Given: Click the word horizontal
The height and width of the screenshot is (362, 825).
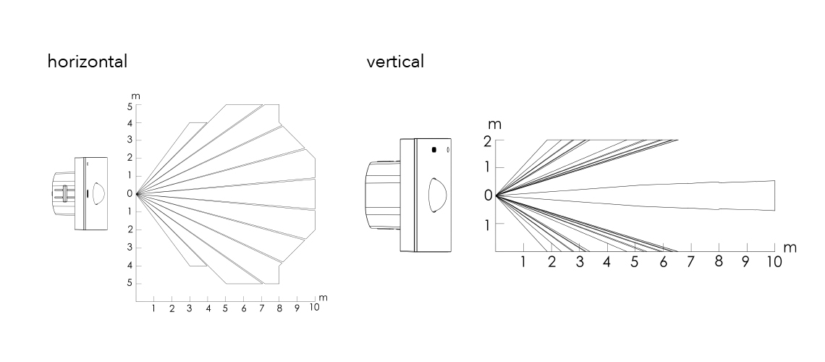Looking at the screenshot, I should pos(87,62).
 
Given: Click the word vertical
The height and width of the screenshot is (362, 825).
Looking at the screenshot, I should pos(395,62).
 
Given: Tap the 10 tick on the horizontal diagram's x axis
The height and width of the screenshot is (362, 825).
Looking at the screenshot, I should pos(314,308).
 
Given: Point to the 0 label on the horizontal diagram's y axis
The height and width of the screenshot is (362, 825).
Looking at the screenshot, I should pos(129,194).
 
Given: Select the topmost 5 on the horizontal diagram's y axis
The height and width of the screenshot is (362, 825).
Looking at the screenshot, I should pos(129,106).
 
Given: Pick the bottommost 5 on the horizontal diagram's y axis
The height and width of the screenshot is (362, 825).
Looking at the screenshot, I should pos(129,283).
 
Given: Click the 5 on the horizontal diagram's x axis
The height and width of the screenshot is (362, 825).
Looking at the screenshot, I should pos(225,309).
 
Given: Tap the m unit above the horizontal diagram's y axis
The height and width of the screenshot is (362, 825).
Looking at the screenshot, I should pos(135,96).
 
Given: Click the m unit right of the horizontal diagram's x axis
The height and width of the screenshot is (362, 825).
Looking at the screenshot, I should pos(323,298).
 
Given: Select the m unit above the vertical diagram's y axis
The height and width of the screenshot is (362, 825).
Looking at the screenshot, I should pos(496,125).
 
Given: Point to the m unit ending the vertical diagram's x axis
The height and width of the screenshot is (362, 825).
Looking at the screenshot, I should pos(790,248).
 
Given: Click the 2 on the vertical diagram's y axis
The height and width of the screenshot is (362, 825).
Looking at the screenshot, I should pos(488,140).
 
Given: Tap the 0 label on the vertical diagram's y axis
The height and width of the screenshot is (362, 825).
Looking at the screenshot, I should pos(488,195).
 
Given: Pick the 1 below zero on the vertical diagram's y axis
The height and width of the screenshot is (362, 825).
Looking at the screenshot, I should pos(488,224).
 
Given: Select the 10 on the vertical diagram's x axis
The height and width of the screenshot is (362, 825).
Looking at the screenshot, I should pos(774,262).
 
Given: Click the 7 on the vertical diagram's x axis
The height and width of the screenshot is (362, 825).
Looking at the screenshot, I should pos(690,262).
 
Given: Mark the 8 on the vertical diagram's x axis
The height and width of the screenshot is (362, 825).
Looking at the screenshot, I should pos(718,262).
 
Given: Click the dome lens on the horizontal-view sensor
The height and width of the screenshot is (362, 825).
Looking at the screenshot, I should pos(98,194).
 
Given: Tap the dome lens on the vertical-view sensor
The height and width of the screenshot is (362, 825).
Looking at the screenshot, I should pos(436,195).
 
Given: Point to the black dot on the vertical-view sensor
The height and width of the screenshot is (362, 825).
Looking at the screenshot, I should pos(433,150).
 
